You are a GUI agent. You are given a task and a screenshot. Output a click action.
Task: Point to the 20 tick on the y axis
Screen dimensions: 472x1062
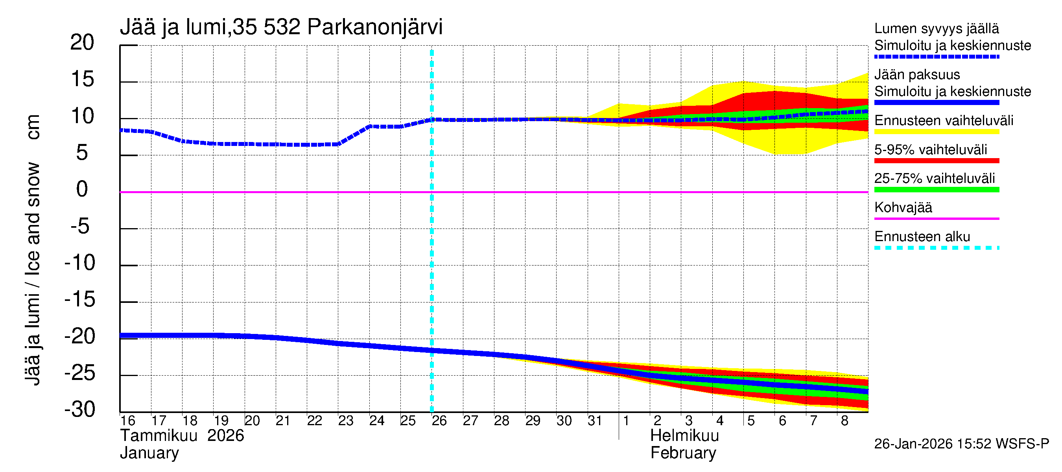[83, 42]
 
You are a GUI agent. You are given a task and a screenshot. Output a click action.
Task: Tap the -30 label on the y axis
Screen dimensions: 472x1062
[80, 409]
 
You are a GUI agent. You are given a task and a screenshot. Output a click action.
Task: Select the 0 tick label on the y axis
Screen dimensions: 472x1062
[82, 189]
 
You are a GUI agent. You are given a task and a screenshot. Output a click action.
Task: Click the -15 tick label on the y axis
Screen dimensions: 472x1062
[80, 299]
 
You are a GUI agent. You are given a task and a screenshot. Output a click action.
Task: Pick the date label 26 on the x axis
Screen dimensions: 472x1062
[439, 420]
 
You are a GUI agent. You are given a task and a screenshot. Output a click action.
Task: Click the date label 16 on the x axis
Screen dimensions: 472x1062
[127, 420]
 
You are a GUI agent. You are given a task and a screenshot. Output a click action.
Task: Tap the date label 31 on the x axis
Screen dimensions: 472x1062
[595, 420]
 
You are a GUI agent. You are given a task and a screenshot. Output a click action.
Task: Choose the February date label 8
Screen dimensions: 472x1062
[844, 420]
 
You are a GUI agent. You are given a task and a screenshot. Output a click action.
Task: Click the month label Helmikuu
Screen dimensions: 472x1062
[684, 436]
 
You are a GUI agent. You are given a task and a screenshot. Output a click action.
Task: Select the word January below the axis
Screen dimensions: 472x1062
[149, 453]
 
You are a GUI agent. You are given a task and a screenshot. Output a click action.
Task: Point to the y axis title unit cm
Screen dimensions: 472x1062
[33, 127]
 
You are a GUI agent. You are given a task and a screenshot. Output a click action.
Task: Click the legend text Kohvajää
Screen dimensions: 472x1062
[903, 207]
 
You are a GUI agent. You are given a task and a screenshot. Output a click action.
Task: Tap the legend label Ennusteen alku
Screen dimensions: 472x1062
[922, 237]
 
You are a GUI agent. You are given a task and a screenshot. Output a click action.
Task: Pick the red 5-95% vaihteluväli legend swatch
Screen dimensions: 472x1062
[936, 161]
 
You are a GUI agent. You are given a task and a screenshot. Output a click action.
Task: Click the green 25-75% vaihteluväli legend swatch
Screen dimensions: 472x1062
[936, 190]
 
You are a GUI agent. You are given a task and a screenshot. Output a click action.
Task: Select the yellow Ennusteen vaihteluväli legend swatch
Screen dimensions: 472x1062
[936, 132]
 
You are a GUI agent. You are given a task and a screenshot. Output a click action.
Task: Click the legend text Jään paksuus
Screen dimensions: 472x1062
[917, 75]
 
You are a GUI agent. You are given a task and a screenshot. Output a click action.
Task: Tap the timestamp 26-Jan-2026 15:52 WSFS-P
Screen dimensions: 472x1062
[961, 444]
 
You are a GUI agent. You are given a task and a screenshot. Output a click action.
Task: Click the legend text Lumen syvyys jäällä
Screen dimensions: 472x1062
[936, 28]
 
